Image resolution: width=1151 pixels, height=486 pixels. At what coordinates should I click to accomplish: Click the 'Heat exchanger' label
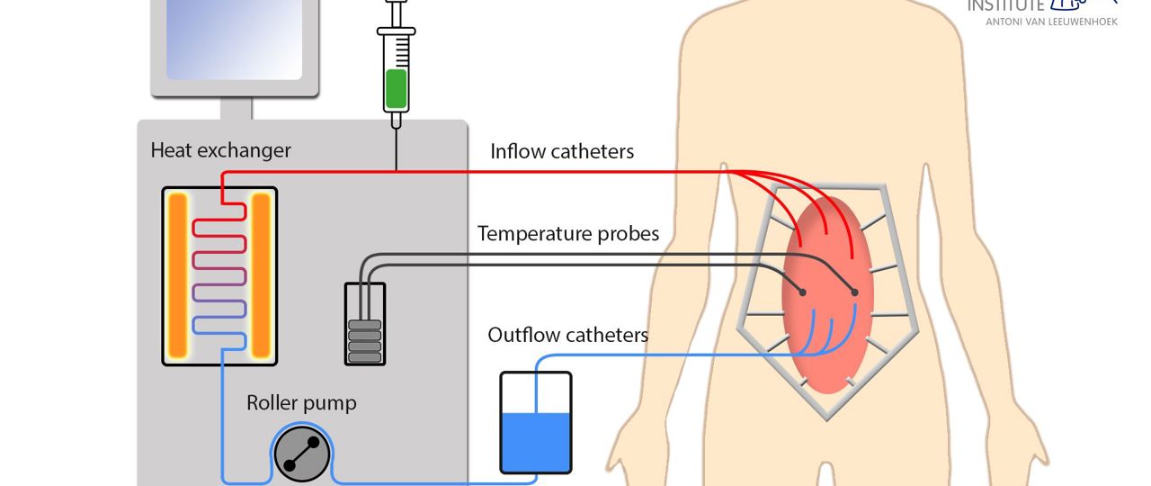(220, 150)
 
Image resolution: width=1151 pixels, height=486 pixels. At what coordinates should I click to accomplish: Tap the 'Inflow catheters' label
(562, 151)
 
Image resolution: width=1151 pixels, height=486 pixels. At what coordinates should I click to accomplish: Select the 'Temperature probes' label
(567, 234)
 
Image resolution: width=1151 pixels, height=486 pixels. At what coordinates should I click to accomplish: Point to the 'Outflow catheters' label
(567, 336)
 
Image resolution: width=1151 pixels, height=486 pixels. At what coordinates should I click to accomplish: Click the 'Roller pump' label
(301, 403)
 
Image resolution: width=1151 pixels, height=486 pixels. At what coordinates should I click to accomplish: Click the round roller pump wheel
(300, 454)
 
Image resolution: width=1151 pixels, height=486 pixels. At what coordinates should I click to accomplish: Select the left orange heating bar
(177, 275)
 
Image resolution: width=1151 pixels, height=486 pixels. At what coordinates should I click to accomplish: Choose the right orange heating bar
(261, 275)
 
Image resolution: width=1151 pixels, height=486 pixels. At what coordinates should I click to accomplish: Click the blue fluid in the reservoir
(535, 441)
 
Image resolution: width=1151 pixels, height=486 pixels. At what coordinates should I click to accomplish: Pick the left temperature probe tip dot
(802, 292)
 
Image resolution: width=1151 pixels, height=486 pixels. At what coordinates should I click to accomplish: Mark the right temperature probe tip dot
(854, 292)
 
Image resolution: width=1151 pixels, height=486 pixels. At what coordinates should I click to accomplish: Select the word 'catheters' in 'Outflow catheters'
(609, 336)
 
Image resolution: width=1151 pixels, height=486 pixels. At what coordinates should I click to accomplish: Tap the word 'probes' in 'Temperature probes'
(628, 234)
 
